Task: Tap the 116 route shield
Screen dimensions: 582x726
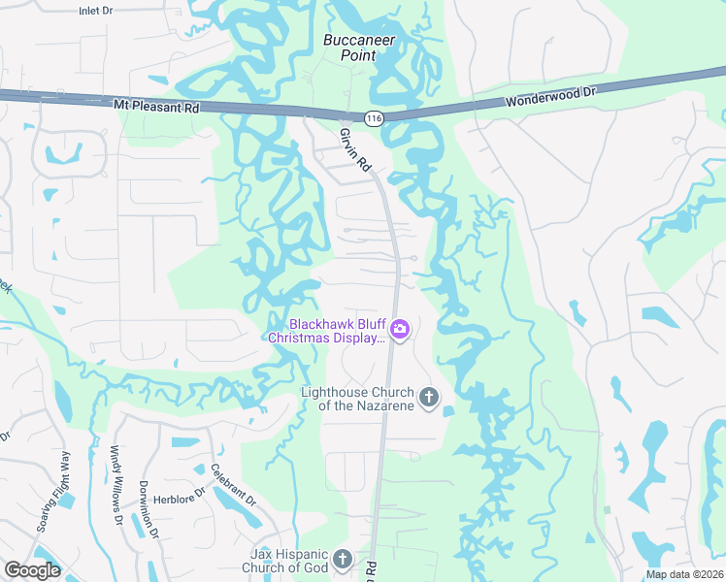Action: click(x=375, y=117)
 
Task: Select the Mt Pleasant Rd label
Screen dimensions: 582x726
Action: click(x=155, y=105)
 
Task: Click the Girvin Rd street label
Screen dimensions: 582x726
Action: click(x=356, y=150)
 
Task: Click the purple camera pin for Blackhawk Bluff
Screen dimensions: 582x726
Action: click(x=400, y=331)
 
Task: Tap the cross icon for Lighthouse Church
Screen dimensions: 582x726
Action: click(x=428, y=397)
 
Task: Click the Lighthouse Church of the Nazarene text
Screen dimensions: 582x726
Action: click(x=357, y=398)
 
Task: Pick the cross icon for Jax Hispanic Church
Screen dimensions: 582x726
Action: click(x=342, y=559)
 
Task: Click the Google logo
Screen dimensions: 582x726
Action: click(x=32, y=570)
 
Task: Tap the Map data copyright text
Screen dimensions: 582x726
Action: click(x=684, y=574)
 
